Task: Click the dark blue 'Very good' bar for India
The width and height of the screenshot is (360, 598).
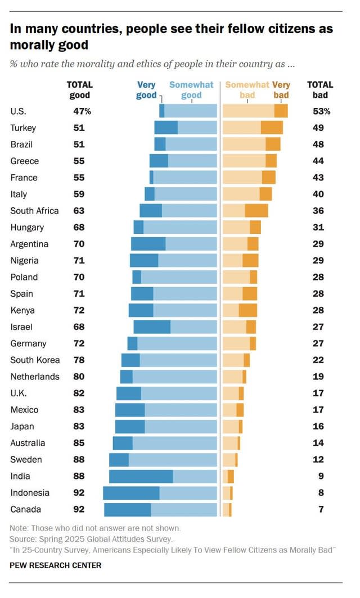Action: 141,476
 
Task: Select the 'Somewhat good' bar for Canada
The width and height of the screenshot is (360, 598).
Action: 183,510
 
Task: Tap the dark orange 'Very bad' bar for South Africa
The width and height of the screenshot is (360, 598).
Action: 256,211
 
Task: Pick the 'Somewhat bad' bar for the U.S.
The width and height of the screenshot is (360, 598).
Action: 249,111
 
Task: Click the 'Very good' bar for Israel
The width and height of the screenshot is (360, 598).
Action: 152,327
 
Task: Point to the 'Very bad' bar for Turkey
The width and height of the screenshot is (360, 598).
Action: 272,128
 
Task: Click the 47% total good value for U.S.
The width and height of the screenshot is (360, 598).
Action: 82,111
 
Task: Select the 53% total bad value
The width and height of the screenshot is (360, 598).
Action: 321,111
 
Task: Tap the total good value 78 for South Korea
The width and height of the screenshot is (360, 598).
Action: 79,360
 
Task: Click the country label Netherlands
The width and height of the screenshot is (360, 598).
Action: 34,377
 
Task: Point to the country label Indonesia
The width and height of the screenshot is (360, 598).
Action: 30,493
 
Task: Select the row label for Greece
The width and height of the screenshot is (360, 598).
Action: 25,161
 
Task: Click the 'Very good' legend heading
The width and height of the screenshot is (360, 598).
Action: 146,90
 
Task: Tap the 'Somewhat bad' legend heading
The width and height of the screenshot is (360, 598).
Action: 247,90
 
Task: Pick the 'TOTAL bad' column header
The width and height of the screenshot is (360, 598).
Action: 319,90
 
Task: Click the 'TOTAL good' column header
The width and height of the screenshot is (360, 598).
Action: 79,90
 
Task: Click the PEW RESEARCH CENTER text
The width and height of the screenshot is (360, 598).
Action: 56,565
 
